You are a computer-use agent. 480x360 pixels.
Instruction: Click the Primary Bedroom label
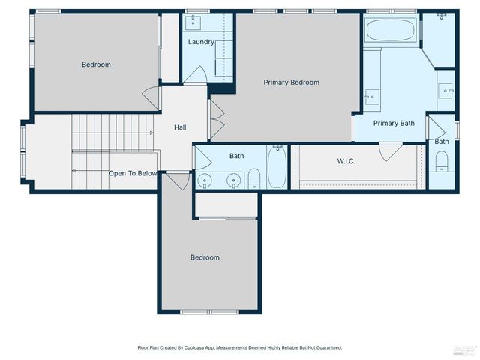(x=291, y=82)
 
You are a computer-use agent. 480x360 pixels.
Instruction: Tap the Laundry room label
(x=201, y=42)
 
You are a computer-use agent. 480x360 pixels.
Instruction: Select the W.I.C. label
(x=346, y=160)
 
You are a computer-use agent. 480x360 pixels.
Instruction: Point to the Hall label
(x=180, y=127)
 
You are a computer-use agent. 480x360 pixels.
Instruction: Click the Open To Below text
(x=133, y=173)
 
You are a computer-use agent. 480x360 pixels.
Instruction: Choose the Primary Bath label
(x=394, y=123)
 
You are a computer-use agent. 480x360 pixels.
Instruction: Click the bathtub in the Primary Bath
(x=389, y=31)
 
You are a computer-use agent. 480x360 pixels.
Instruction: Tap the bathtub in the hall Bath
(x=276, y=168)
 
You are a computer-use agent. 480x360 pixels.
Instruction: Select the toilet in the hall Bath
(x=253, y=178)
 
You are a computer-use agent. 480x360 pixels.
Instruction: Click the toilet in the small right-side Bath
(x=442, y=160)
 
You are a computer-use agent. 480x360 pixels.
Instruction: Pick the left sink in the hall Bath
(x=205, y=181)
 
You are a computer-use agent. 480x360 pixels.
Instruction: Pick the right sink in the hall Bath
(x=235, y=181)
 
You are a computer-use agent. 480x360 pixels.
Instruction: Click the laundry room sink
(x=198, y=21)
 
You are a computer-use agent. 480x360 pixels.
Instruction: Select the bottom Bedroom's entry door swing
(x=179, y=181)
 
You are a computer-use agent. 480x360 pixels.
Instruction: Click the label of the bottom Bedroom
(x=205, y=257)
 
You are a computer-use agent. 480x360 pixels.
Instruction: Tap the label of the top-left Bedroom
(x=96, y=64)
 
